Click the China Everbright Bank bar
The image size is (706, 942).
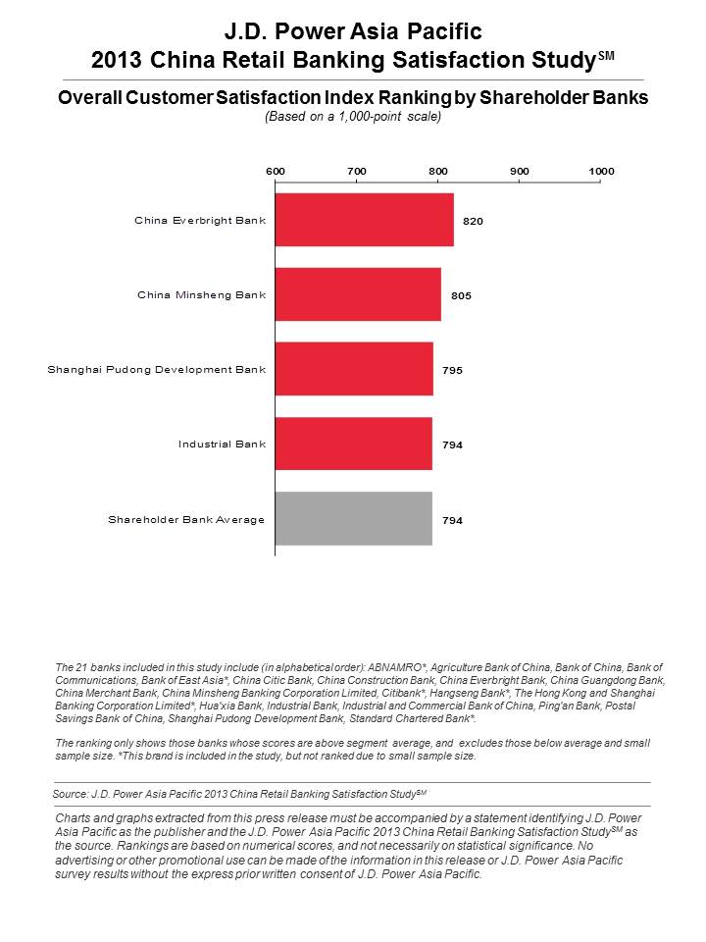[365, 220]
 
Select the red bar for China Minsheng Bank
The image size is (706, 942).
[359, 294]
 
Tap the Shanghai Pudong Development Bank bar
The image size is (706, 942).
[354, 369]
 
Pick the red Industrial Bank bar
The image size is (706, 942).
[354, 444]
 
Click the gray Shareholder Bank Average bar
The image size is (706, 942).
[354, 518]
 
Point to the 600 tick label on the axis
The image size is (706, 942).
[276, 171]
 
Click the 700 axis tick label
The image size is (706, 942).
[357, 171]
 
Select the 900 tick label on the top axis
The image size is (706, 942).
[520, 171]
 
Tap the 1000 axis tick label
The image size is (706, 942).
[601, 171]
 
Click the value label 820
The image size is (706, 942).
[473, 221]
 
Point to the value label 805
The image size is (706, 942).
[461, 295]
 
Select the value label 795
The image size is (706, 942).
[453, 370]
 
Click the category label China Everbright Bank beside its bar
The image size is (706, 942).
[200, 221]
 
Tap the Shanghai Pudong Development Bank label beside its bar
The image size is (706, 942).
[157, 370]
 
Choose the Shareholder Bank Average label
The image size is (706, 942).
[186, 520]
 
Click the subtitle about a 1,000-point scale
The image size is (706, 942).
[353, 117]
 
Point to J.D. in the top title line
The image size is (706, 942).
[245, 31]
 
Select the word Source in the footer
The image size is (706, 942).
[70, 794]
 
